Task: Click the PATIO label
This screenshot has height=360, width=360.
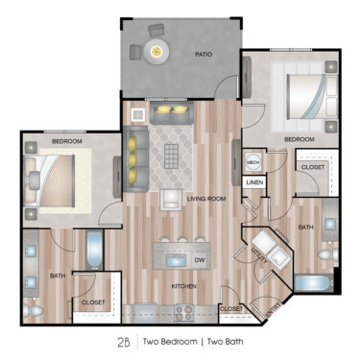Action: coord(203,55)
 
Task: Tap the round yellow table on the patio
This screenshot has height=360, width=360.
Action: coord(155,51)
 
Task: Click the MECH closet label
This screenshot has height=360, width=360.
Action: coord(252,162)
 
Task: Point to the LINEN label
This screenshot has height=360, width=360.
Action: coord(253,181)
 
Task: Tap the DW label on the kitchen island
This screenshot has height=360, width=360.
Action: coord(200,259)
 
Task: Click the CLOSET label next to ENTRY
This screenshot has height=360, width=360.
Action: coord(231,308)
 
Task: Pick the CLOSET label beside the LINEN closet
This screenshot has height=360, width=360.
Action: coord(312,167)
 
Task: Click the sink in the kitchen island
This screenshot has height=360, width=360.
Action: coord(175,257)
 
